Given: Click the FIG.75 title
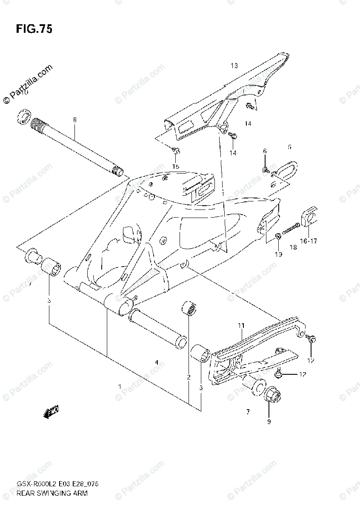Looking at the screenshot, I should pos(34,29).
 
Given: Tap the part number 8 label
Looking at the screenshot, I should pos(74,121).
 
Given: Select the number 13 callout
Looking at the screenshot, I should pos(234,66).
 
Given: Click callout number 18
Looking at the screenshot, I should pos(293,247).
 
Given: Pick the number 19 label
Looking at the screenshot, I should pos(278,255).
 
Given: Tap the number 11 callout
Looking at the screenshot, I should pos(241,326).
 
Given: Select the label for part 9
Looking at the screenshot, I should pos(269,422).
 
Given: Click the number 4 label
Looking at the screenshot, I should pos(157,363).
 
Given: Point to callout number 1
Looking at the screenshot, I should pos(120,386).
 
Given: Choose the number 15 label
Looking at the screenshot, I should pos(176,166).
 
